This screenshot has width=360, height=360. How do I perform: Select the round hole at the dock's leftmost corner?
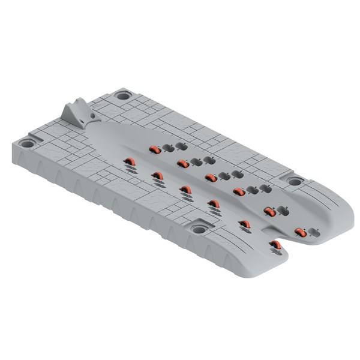[27, 143]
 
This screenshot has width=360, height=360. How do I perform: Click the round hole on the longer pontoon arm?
[295, 181]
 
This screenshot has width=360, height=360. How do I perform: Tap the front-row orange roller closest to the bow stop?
[129, 161]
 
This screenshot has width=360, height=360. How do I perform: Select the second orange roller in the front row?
[157, 176]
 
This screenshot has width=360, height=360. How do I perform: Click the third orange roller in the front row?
[185, 190]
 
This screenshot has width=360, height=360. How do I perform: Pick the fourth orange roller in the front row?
[214, 204]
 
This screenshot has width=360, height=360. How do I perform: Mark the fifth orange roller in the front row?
[244, 224]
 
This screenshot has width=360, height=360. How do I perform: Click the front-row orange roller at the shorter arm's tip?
[275, 244]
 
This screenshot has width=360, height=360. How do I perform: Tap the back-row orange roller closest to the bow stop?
[154, 149]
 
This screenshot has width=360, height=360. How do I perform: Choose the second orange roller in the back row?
[183, 163]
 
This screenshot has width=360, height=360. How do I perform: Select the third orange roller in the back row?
[211, 178]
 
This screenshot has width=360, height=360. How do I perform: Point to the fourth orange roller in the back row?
[239, 192]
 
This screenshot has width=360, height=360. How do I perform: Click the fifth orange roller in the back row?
[269, 212]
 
